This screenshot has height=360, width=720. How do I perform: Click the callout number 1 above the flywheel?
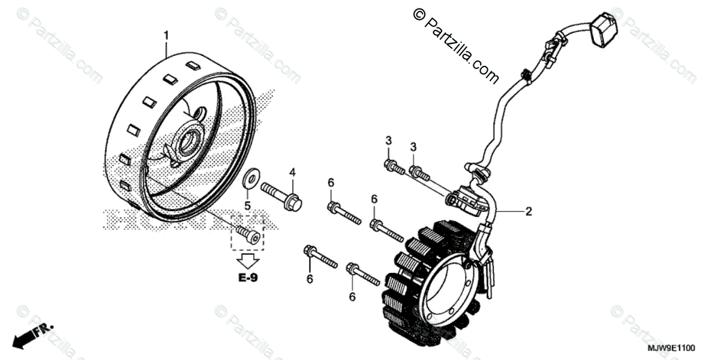pos(167,35)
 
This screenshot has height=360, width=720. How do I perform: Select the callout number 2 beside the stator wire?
pos(528,211)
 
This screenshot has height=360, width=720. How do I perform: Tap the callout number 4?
pos(293,173)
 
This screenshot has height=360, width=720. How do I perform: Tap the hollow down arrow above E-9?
pos(247,260)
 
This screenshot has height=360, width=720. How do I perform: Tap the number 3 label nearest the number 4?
pos(388,140)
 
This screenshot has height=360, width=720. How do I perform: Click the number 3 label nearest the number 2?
pos(413,147)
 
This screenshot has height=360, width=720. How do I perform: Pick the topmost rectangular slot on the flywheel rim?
pos(193,64)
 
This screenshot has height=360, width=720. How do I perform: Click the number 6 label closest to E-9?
pos(310,278)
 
